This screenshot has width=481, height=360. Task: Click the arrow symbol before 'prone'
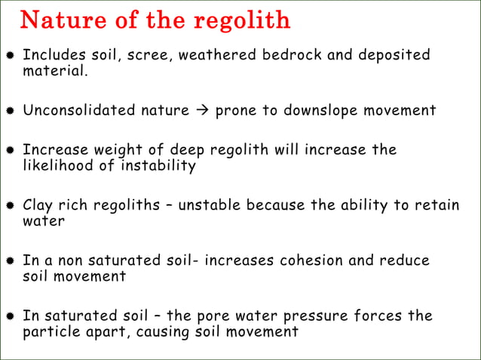202,111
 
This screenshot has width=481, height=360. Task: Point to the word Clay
38,206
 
